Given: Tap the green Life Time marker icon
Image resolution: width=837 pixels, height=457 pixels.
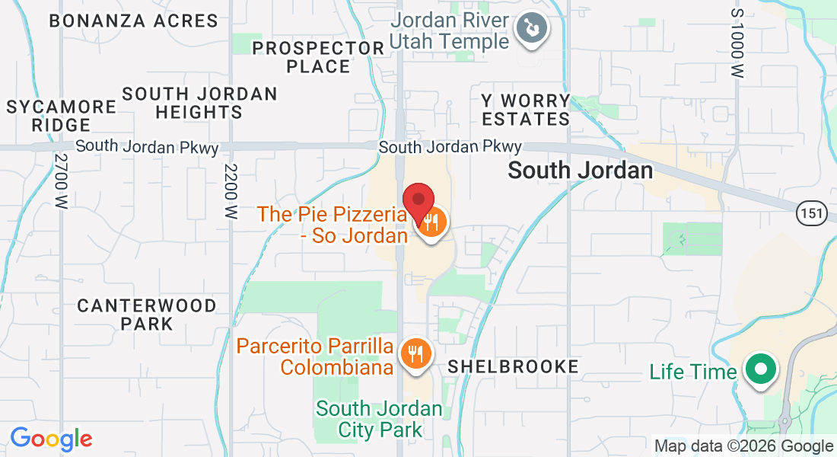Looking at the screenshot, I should (x=759, y=371).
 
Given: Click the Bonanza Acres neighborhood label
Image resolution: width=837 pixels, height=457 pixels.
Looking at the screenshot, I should (x=133, y=21).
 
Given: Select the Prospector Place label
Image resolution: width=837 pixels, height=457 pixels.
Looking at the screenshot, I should (x=319, y=57).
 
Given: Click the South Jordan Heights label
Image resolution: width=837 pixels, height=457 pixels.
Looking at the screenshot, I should (x=200, y=103).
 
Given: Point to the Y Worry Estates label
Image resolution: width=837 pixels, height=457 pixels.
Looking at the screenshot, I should (x=525, y=110).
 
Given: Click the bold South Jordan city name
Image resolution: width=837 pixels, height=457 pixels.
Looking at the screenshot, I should (x=580, y=171).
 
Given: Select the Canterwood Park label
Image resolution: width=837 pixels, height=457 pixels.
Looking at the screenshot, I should (x=147, y=315).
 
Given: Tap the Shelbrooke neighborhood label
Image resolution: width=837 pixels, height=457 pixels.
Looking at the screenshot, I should (x=513, y=366).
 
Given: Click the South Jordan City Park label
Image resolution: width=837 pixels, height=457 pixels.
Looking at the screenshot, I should (x=379, y=419).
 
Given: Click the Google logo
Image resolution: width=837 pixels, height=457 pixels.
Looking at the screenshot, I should (x=51, y=439).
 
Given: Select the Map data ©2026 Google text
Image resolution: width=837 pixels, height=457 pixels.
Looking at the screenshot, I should (x=743, y=446).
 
